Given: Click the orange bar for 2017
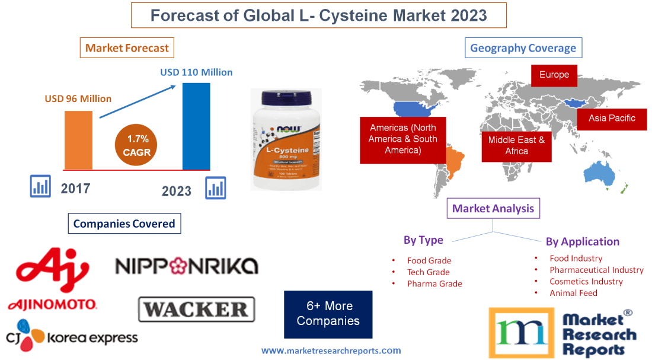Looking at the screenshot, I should [x=78, y=140].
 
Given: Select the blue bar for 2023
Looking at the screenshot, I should [x=196, y=126].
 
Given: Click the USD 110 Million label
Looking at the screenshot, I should [x=196, y=72].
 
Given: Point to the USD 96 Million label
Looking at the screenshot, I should [x=78, y=99].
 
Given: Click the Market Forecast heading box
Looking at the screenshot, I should [x=127, y=48].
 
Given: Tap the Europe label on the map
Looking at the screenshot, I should [x=554, y=75].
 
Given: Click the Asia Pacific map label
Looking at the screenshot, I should [x=611, y=119].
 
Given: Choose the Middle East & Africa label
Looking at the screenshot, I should [x=516, y=146].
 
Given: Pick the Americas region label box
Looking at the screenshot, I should [x=402, y=139].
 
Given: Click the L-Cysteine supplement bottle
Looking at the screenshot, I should [x=285, y=140].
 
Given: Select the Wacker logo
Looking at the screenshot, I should [x=196, y=310].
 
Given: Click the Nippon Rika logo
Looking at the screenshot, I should [x=187, y=266].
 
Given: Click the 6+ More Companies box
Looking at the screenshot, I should [x=328, y=314].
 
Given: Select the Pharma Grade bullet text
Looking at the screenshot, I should [x=434, y=283].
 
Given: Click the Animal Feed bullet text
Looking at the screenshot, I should [x=573, y=293].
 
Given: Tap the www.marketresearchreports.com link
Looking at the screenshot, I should [x=331, y=351].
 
